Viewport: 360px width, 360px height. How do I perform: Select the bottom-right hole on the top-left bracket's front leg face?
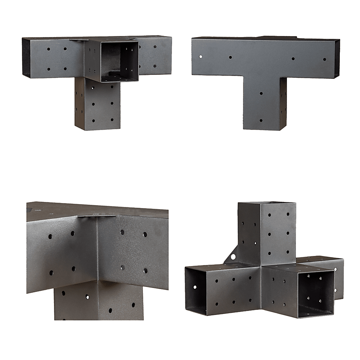[112, 120]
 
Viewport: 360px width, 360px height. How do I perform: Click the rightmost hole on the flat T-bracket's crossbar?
[324, 59]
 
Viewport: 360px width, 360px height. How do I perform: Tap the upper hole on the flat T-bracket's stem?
[261, 94]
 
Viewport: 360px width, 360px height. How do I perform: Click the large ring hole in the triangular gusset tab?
[233, 257]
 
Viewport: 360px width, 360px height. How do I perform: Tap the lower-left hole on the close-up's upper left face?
[51, 272]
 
